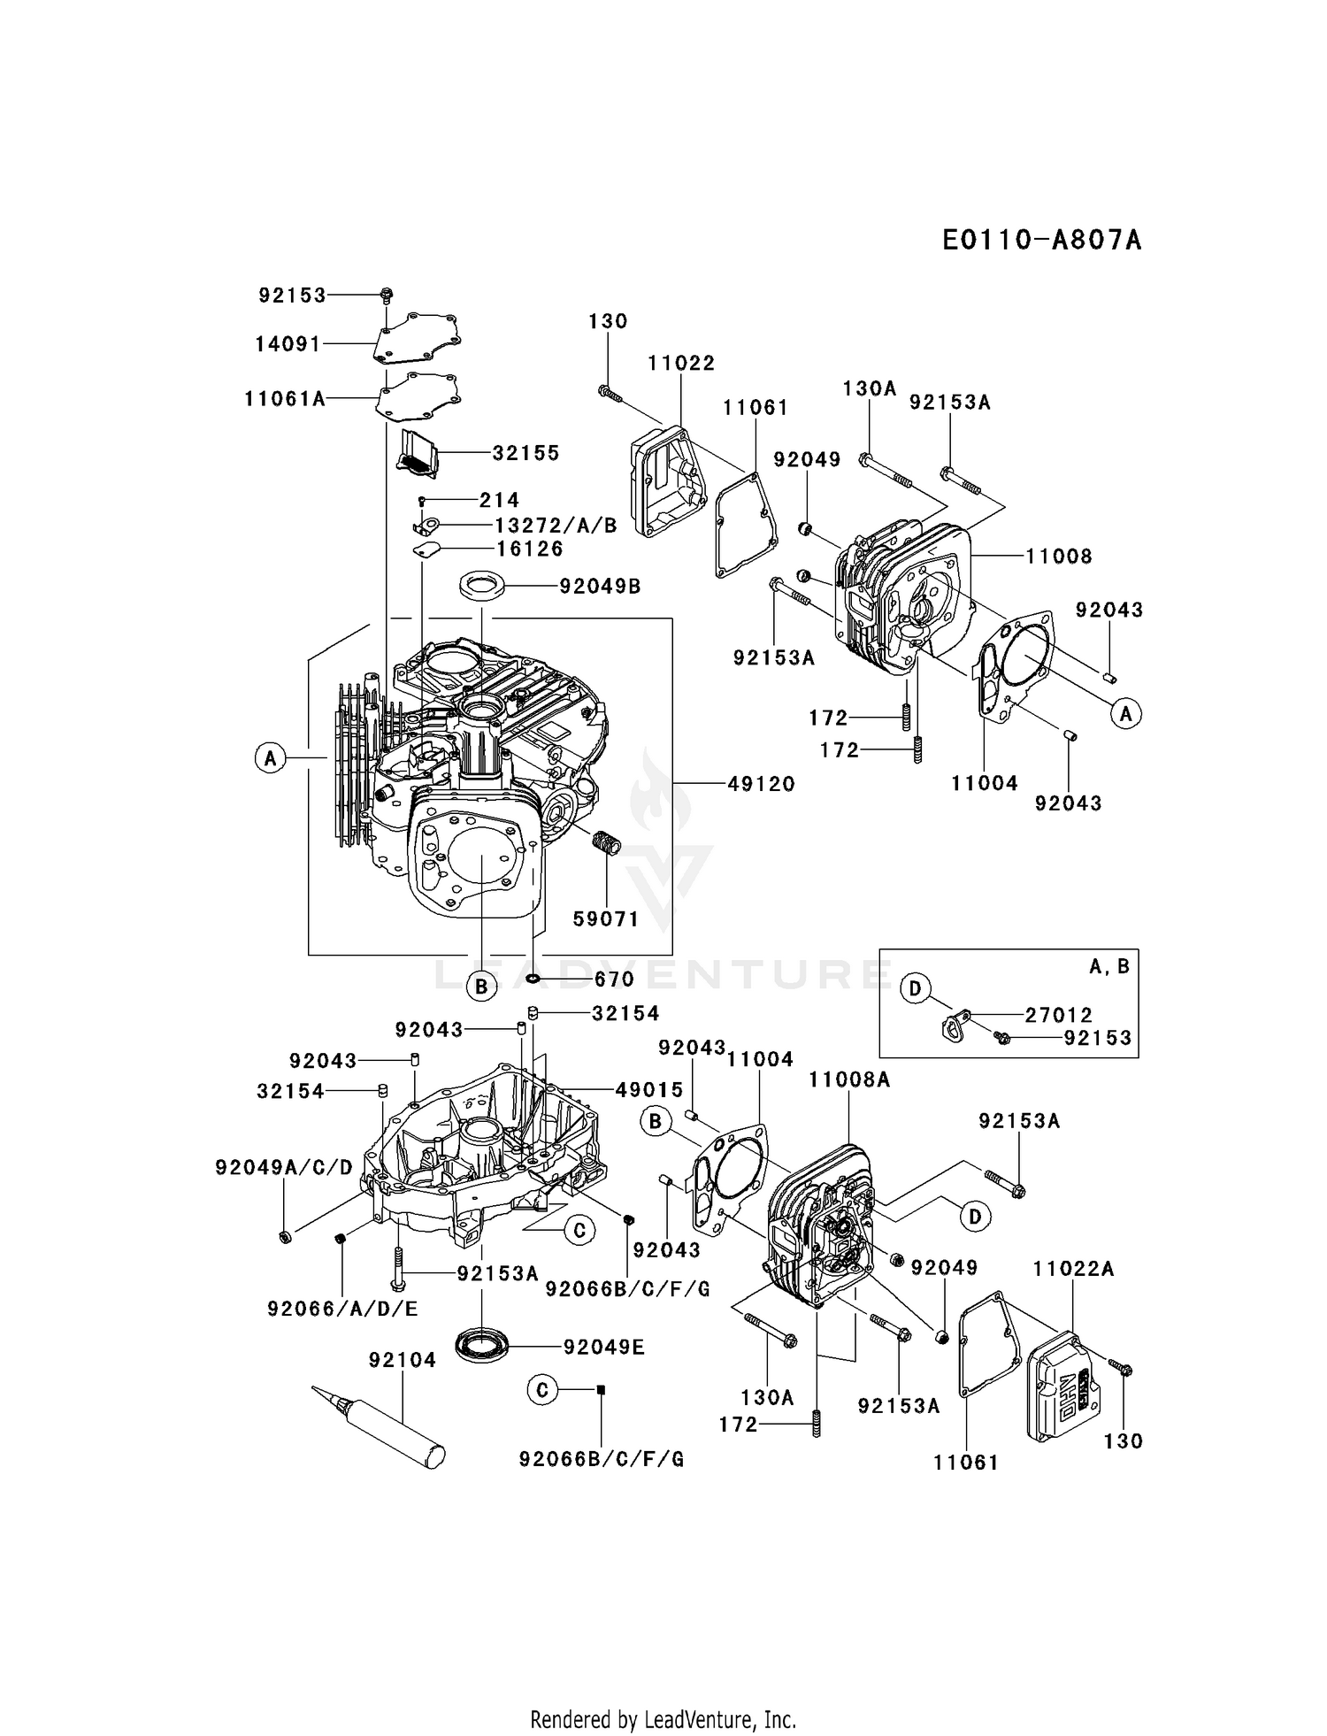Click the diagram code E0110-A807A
click(1040, 240)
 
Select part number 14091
click(288, 343)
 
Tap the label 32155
click(526, 453)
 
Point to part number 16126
click(530, 549)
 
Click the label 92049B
click(600, 586)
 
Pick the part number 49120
click(761, 784)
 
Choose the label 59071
click(606, 919)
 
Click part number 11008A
click(849, 1079)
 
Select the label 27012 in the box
click(1059, 1015)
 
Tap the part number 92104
click(403, 1360)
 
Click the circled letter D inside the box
click(916, 988)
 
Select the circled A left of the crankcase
click(271, 758)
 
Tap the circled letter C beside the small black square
click(542, 1390)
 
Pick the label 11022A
click(1073, 1270)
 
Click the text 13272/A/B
click(556, 526)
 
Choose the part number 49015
click(649, 1090)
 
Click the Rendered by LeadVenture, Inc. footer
click(663, 1720)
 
